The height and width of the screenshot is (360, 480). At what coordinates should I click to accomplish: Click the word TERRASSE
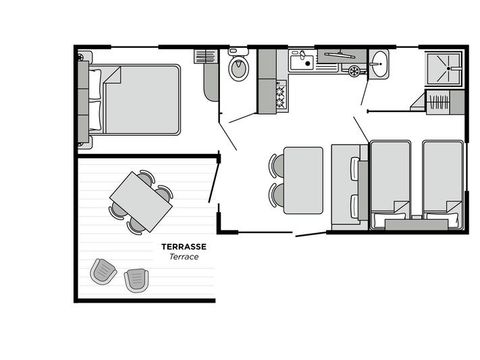pos(184,246)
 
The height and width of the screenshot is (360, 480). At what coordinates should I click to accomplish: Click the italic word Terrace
pos(184,258)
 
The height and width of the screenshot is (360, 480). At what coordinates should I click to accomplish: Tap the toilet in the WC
pos(238,69)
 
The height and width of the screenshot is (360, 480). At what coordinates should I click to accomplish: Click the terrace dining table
pos(141,200)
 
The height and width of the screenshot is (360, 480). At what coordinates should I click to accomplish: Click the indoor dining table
pos(302,180)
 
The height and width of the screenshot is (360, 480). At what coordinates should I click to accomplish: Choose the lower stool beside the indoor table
pos(276,193)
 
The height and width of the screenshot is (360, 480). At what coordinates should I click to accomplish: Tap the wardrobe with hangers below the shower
pos(439,103)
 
